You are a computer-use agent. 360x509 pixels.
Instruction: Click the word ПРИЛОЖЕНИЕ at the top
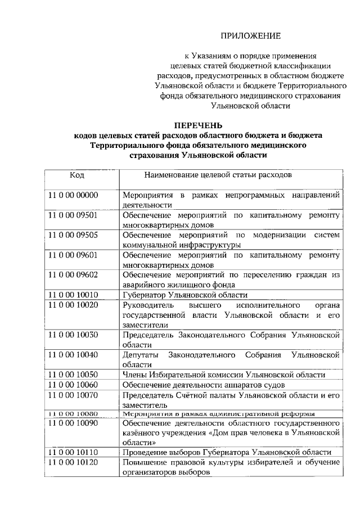pyautogui.click(x=250, y=37)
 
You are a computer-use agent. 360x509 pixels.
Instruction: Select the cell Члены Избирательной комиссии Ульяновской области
pyautogui.click(x=223, y=375)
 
